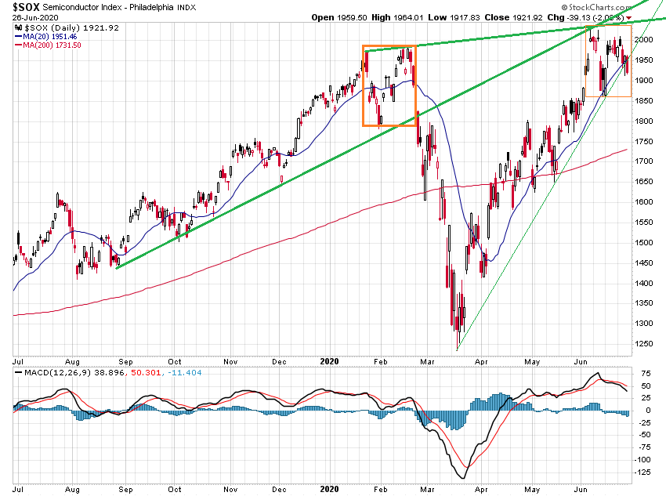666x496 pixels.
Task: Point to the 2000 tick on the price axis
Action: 644,40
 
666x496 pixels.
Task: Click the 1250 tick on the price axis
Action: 644,343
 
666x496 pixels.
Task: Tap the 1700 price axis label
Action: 644,161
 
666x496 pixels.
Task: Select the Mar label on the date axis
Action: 428,363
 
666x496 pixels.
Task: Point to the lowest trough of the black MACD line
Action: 463,478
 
